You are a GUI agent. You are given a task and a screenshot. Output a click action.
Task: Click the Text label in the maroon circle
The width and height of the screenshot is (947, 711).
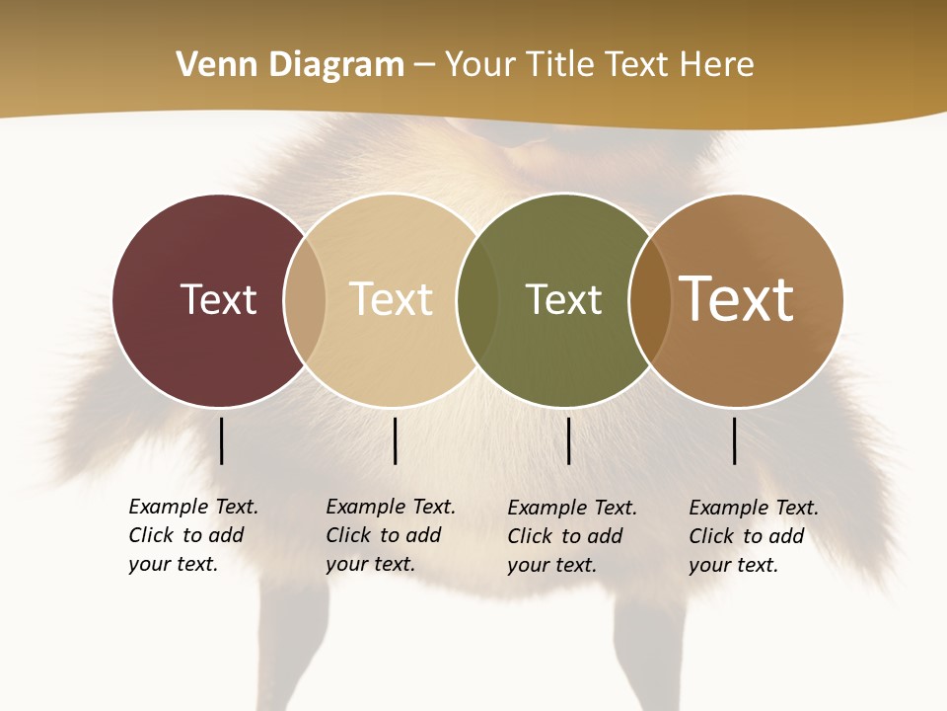click(218, 299)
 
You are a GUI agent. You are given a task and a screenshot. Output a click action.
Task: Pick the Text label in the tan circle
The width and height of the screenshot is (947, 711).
click(391, 299)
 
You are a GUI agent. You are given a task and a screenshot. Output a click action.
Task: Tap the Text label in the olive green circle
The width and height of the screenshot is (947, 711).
click(563, 299)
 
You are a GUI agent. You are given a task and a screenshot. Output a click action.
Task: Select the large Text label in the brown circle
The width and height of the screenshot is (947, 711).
click(736, 299)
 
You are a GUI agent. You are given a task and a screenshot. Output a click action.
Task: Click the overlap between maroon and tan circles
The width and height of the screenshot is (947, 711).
click(305, 300)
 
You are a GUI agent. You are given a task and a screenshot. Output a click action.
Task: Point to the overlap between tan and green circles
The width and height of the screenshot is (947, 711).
click(477, 300)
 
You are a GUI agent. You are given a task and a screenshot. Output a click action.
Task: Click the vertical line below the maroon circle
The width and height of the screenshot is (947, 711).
click(221, 440)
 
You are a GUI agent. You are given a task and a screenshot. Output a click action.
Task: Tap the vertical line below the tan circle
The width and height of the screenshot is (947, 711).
click(395, 440)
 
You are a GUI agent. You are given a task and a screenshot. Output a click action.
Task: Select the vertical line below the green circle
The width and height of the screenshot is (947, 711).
click(568, 440)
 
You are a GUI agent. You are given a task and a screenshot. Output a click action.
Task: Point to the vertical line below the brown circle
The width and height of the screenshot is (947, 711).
click(734, 440)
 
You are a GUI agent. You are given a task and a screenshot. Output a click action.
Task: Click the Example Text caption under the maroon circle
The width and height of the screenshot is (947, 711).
click(192, 535)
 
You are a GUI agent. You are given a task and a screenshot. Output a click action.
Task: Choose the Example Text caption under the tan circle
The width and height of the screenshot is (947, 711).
click(390, 535)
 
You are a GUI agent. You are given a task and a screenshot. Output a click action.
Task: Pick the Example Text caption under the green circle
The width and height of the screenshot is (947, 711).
click(571, 536)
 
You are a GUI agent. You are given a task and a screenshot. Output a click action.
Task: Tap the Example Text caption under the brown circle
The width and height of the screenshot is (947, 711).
click(753, 536)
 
